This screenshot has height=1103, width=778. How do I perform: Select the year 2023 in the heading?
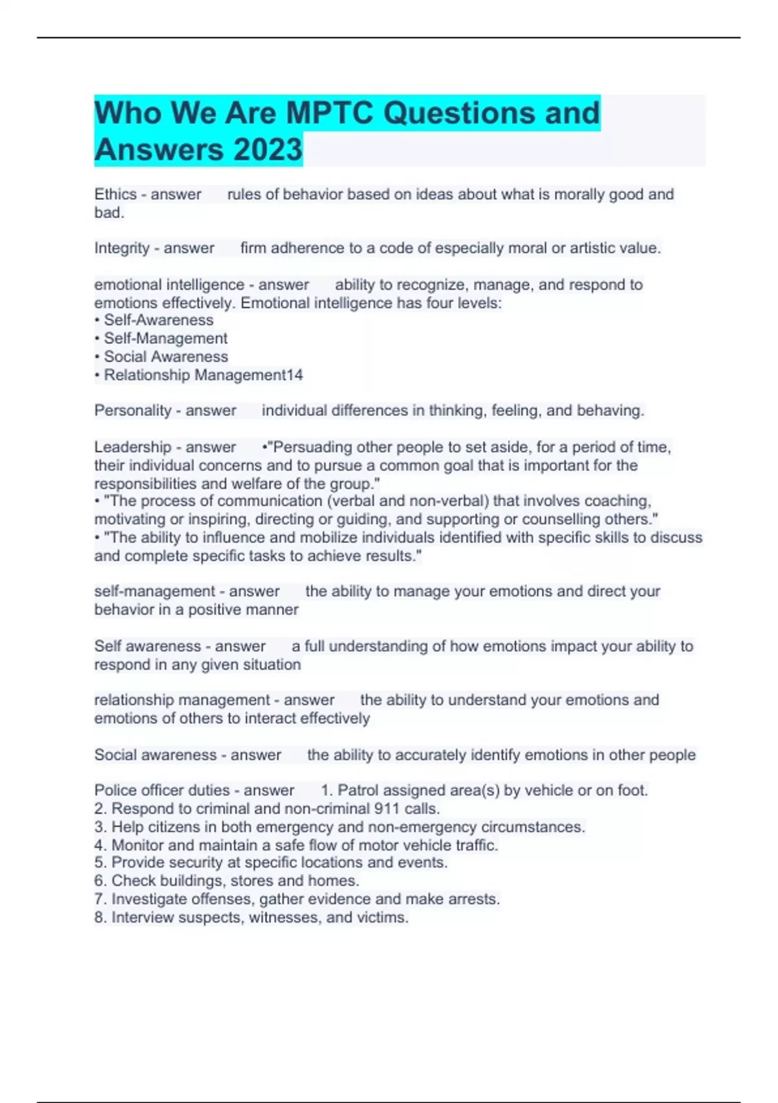[x=268, y=149]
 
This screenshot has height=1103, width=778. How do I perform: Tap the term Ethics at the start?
[x=115, y=194]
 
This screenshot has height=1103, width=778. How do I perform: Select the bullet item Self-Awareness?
[x=158, y=320]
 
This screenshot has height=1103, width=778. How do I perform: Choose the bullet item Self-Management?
[x=165, y=338]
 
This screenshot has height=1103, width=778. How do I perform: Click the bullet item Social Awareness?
[x=166, y=356]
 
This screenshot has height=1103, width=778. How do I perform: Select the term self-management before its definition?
[x=154, y=591]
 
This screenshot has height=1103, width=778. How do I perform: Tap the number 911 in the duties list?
[x=386, y=808]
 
